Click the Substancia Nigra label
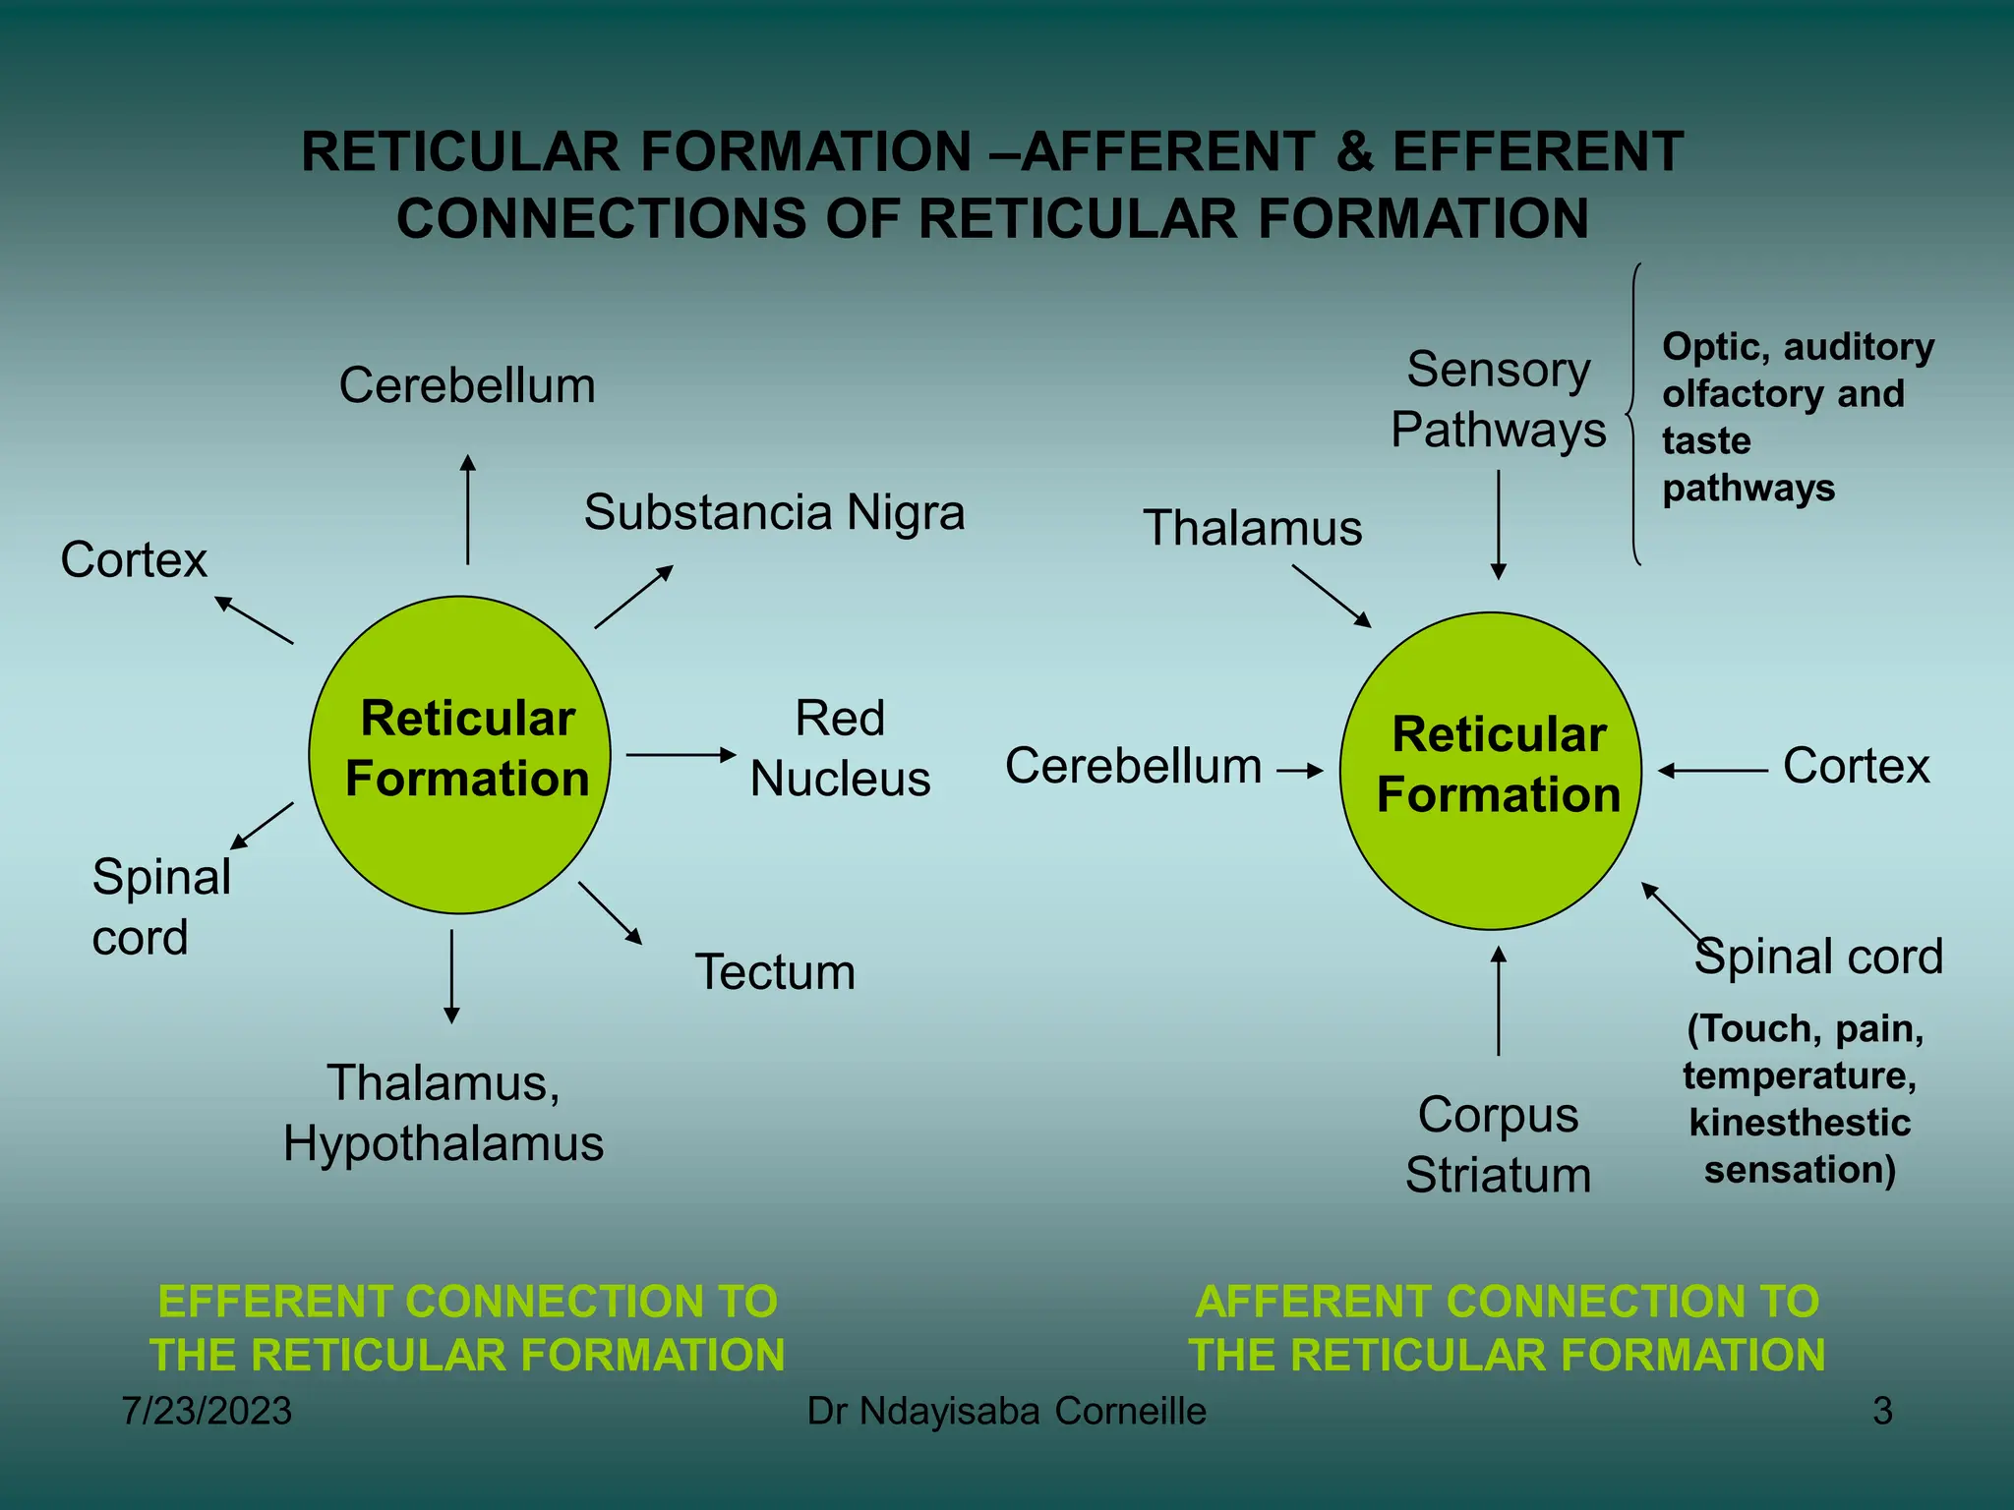774,513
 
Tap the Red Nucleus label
840,749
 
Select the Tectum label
775,972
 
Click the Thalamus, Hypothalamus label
444,1114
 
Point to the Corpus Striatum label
1498,1145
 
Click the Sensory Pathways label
1498,400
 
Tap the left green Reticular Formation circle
459,755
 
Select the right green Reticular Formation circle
1491,771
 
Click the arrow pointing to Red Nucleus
681,755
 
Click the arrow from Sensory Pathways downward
1499,524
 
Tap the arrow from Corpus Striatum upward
1499,1001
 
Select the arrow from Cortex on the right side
1712,771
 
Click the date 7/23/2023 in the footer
207,1412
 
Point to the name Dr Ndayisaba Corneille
1006,1412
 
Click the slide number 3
1882,1412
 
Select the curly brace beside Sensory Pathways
1632,415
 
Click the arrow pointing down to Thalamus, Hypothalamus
451,976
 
